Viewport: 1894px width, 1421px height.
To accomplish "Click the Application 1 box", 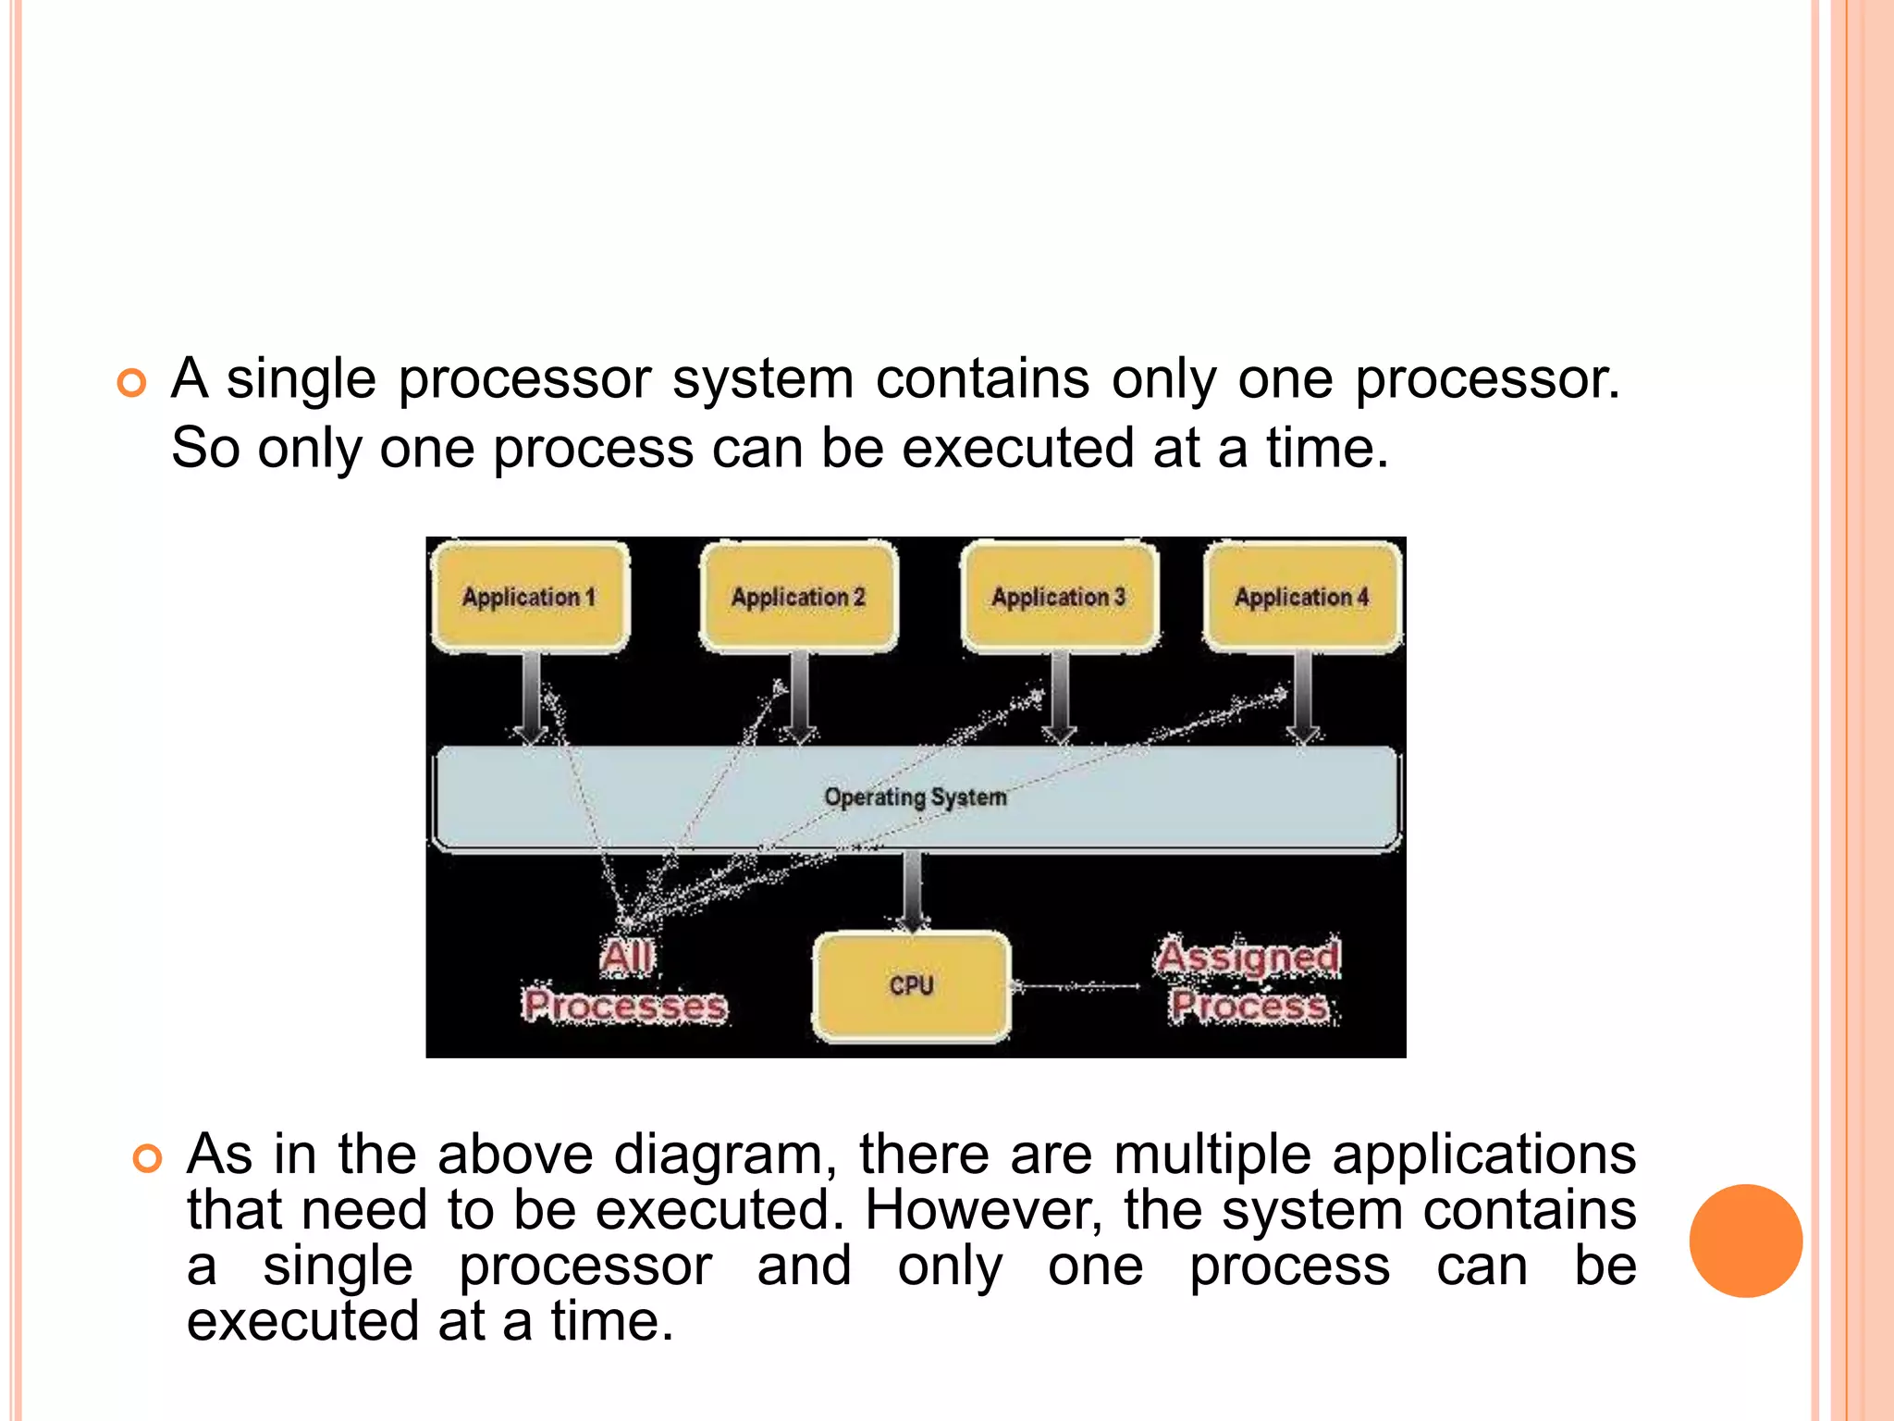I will (x=530, y=597).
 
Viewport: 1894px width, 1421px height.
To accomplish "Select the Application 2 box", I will (x=798, y=597).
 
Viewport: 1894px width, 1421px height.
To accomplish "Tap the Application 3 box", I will (x=1059, y=597).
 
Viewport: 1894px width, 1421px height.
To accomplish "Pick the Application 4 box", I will (x=1302, y=597).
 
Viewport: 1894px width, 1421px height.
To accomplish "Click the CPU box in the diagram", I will (x=912, y=986).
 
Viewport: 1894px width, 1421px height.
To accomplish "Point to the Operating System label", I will (x=915, y=797).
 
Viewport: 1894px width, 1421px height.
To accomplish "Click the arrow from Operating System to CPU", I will (x=912, y=890).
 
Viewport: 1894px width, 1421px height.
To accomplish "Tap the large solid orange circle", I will (x=1745, y=1241).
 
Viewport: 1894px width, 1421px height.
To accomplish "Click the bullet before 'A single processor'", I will (x=132, y=383).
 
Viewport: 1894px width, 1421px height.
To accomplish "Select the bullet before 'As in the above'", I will (x=148, y=1158).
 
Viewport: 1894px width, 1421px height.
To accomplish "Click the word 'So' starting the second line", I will (x=205, y=449).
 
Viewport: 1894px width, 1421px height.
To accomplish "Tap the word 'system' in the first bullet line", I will (x=763, y=379).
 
